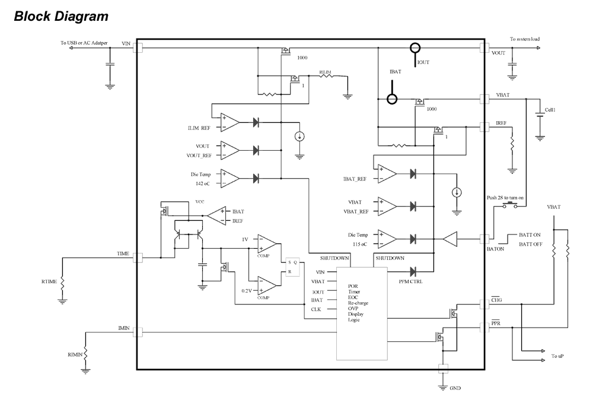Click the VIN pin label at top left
tap(125, 43)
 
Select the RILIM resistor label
tap(325, 72)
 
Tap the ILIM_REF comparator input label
tap(197, 128)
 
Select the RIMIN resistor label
tap(75, 354)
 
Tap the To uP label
tap(558, 356)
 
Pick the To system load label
tap(524, 39)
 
